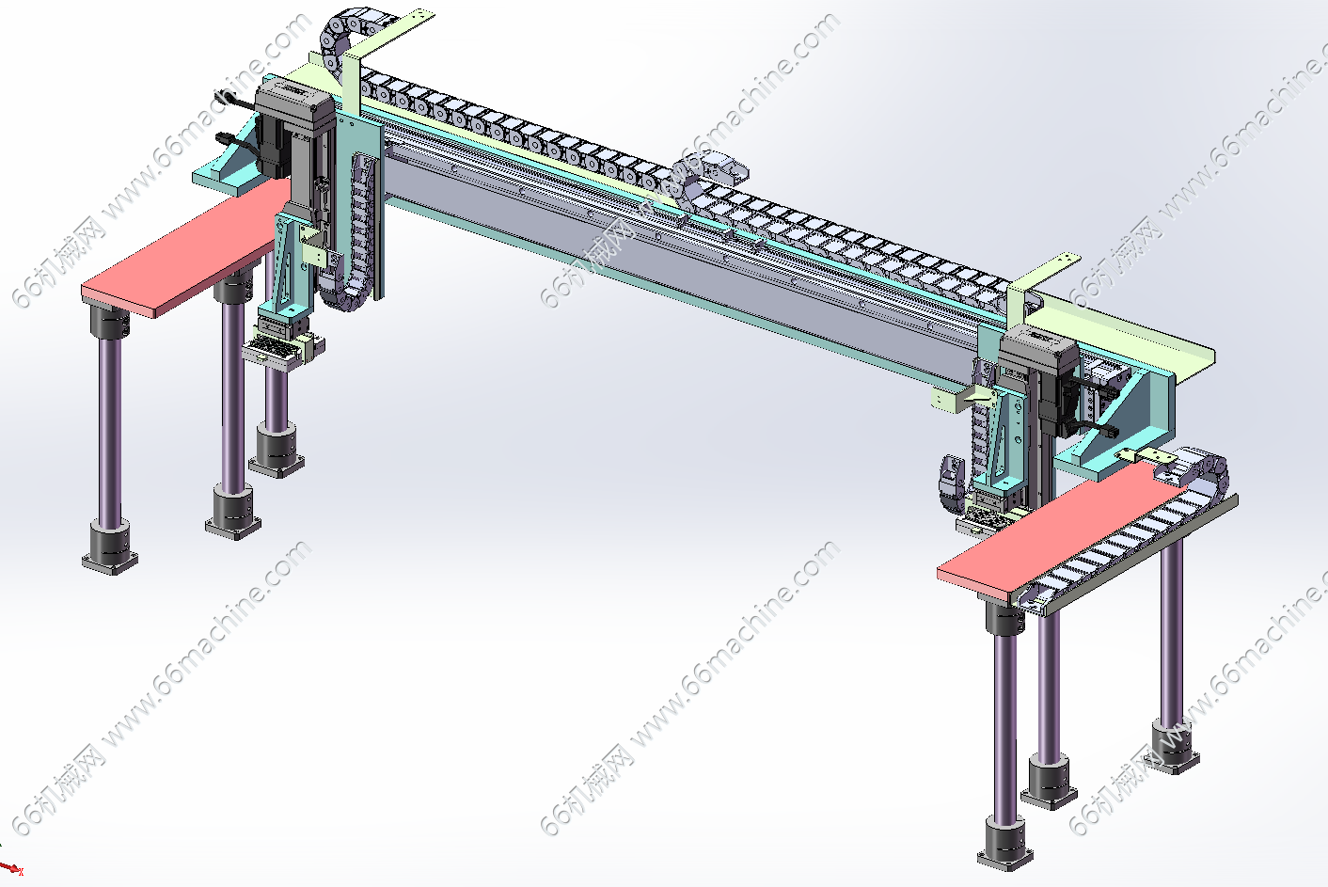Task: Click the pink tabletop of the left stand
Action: click(x=183, y=249)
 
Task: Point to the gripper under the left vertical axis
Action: click(x=283, y=344)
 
